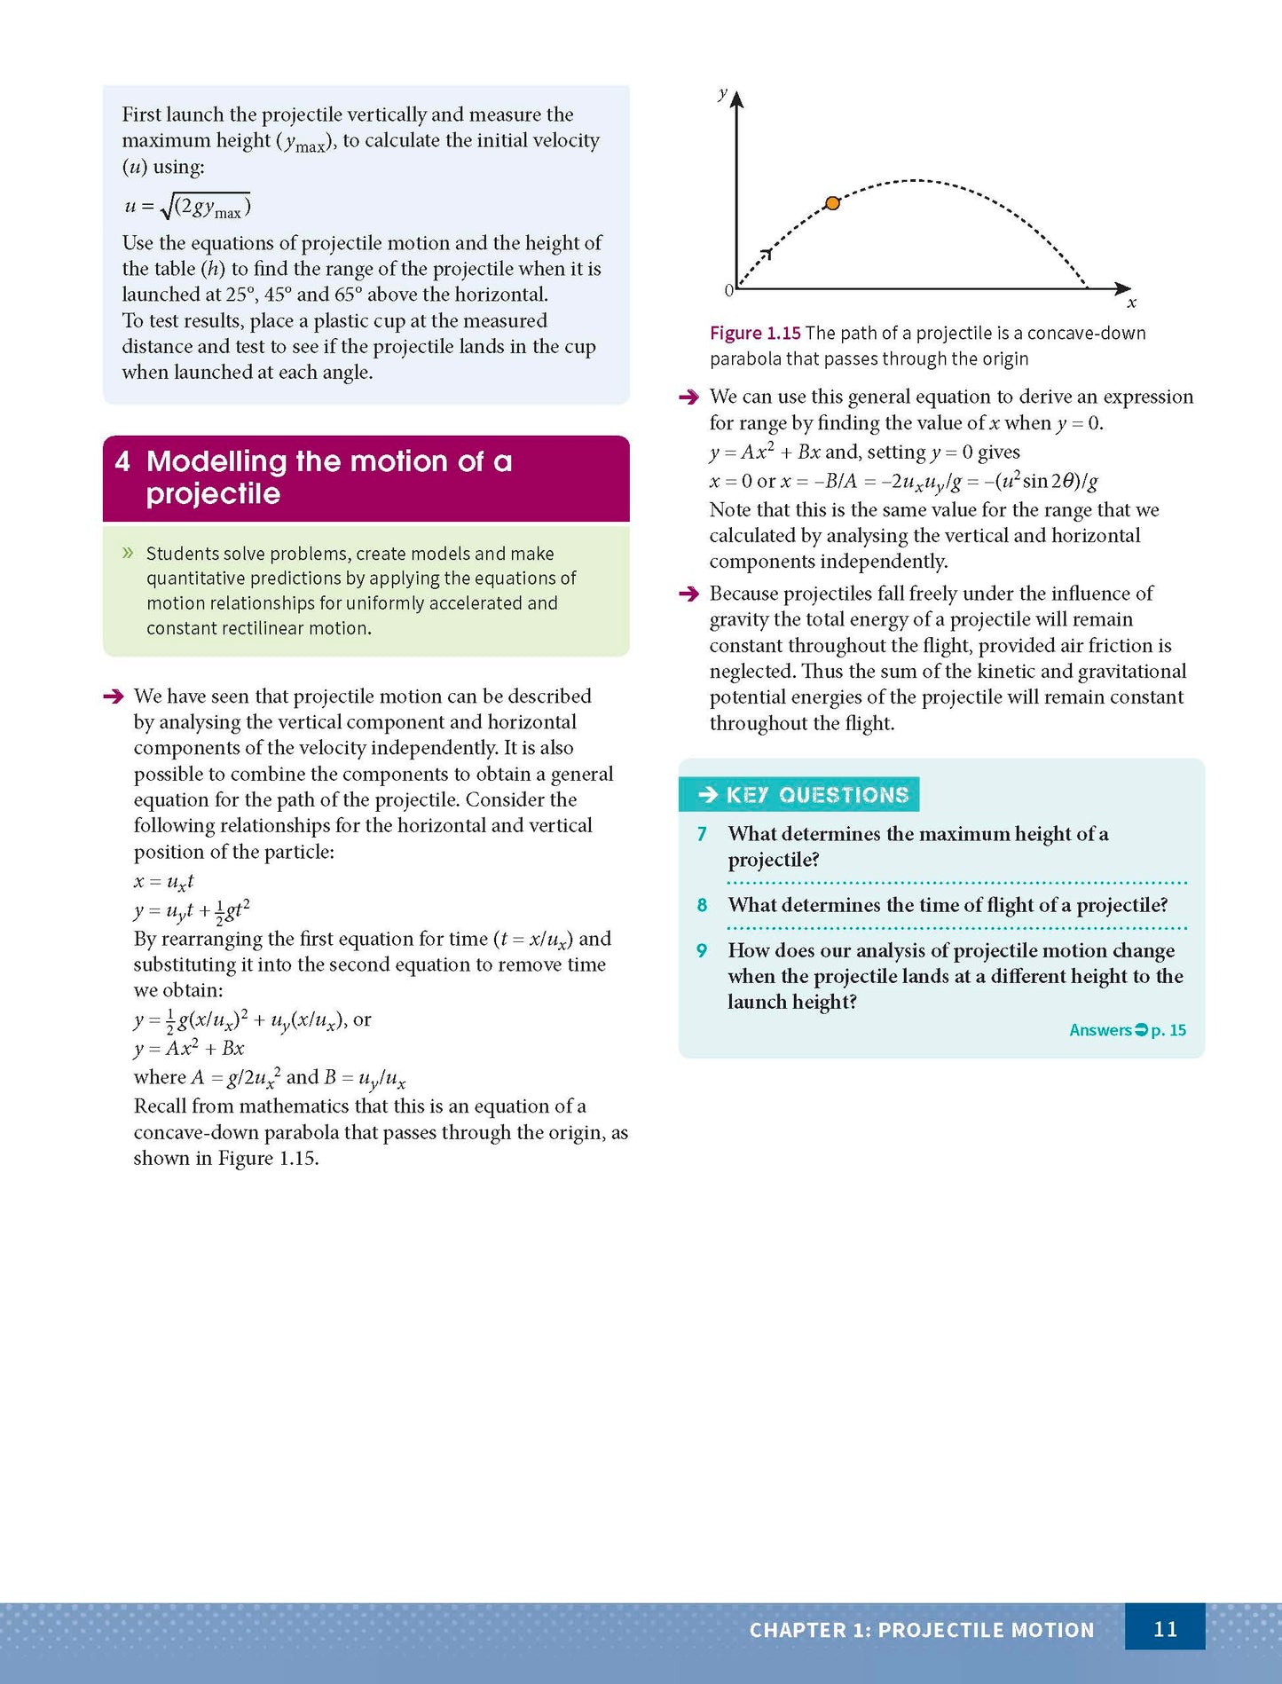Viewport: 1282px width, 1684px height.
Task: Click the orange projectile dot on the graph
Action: click(832, 203)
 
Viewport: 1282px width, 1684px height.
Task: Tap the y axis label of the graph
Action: click(723, 92)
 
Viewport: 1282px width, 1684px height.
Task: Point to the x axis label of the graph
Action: click(1131, 303)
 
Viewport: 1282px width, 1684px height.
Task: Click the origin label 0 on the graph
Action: click(728, 290)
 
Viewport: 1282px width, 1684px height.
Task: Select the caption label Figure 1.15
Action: click(755, 334)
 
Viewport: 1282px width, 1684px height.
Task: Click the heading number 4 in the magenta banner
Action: click(122, 461)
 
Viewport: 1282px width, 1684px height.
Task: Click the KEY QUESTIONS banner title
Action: click(816, 795)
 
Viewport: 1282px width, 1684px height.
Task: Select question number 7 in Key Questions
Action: click(702, 834)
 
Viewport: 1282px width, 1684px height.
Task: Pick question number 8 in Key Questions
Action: click(702, 905)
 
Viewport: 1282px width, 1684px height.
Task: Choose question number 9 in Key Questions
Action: click(702, 950)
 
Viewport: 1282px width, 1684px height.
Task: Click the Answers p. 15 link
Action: click(1127, 1030)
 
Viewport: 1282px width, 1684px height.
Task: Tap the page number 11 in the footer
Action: click(1164, 1629)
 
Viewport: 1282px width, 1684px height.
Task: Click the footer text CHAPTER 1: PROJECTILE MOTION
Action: click(921, 1630)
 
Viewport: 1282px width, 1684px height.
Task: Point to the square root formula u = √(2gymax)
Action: click(187, 207)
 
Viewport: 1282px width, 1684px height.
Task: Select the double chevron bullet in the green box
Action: click(128, 553)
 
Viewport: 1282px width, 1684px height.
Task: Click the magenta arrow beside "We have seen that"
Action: click(114, 696)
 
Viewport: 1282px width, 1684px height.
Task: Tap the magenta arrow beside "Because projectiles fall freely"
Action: click(688, 594)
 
